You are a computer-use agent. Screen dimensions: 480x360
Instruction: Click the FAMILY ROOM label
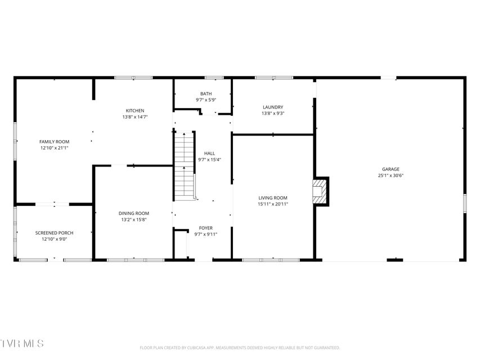pyautogui.click(x=54, y=142)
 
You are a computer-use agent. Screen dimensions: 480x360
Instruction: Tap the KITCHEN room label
pyautogui.click(x=135, y=111)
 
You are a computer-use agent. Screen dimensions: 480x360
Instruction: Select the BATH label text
pyautogui.click(x=206, y=94)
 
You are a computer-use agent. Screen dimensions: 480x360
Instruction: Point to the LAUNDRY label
pyautogui.click(x=273, y=107)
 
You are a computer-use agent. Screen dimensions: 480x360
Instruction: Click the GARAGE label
pyautogui.click(x=391, y=169)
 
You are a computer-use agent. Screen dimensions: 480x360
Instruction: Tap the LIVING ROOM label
pyautogui.click(x=273, y=198)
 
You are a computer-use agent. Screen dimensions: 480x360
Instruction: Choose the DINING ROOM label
pyautogui.click(x=134, y=213)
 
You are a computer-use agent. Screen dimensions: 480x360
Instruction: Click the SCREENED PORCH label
pyautogui.click(x=54, y=233)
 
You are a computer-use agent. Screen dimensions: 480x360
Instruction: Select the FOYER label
pyautogui.click(x=206, y=228)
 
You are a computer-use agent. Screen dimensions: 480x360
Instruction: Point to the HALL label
pyautogui.click(x=209, y=154)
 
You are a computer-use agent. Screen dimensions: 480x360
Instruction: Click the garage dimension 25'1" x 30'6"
pyautogui.click(x=391, y=175)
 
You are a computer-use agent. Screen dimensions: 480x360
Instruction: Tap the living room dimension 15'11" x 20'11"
pyautogui.click(x=273, y=204)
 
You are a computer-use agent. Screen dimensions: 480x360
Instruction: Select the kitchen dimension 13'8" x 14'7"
pyautogui.click(x=135, y=117)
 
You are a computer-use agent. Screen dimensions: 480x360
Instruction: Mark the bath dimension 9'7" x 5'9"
pyautogui.click(x=206, y=100)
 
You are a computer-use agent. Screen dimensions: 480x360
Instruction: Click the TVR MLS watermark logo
pyautogui.click(x=22, y=343)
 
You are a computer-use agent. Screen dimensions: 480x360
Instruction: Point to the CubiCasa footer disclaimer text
pyautogui.click(x=240, y=348)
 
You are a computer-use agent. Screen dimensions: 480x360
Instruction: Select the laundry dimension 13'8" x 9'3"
pyautogui.click(x=273, y=113)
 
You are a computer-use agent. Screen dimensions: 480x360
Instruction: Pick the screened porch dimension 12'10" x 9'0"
pyautogui.click(x=54, y=239)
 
